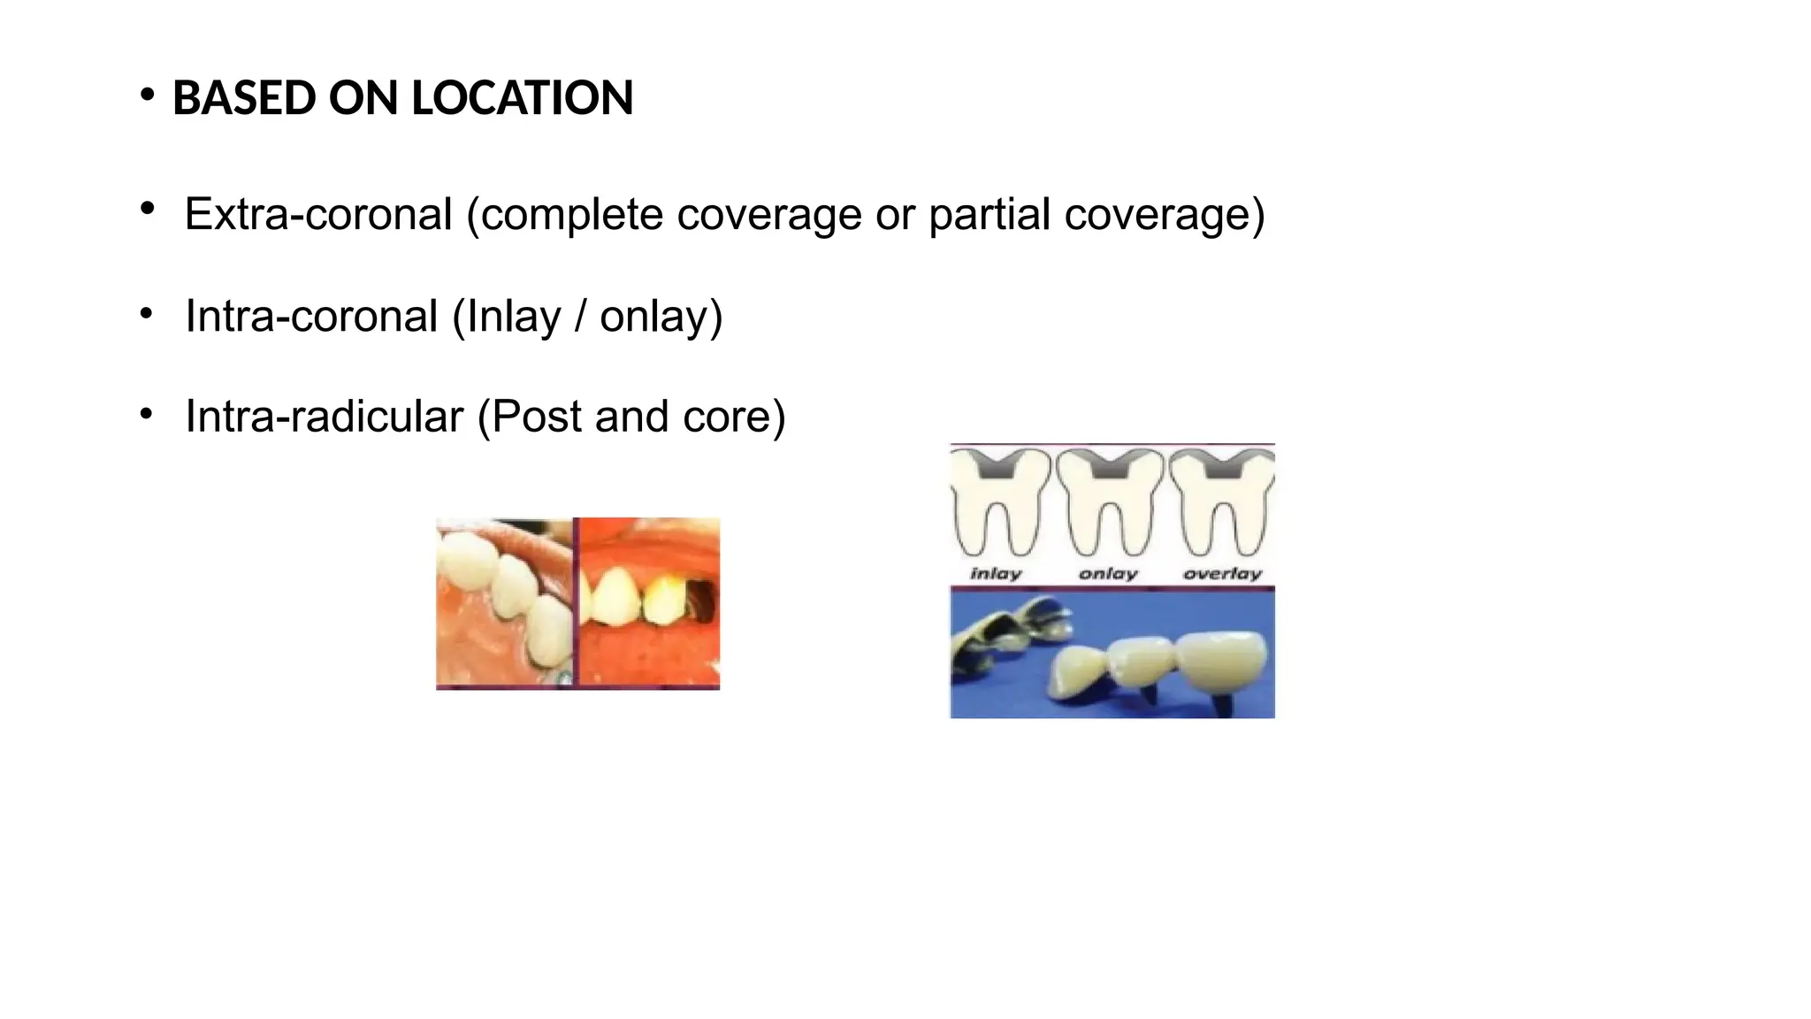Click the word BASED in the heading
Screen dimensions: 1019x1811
[243, 97]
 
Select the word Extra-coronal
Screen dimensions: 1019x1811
[318, 214]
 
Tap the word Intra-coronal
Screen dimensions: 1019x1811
[311, 316]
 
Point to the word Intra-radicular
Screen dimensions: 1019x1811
[324, 416]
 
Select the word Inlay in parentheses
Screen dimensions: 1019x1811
[514, 317]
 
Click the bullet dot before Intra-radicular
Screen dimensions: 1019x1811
[147, 413]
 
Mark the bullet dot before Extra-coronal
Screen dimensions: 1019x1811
[147, 210]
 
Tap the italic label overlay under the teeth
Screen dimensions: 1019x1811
[1223, 574]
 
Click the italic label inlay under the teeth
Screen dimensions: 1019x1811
[997, 574]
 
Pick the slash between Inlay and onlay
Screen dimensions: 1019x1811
[581, 317]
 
